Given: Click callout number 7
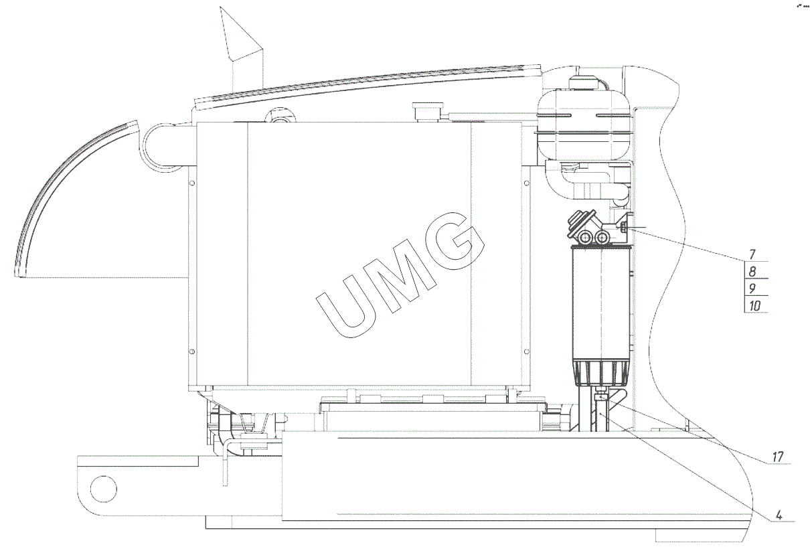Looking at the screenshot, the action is (x=752, y=254).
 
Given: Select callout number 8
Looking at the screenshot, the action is (x=752, y=271).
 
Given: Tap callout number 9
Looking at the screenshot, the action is (x=752, y=289).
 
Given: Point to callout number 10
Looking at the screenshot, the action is (x=754, y=306).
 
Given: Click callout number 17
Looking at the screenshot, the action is (x=777, y=457).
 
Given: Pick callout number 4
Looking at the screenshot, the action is (x=779, y=515).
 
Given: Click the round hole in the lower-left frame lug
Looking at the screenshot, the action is (x=104, y=489).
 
